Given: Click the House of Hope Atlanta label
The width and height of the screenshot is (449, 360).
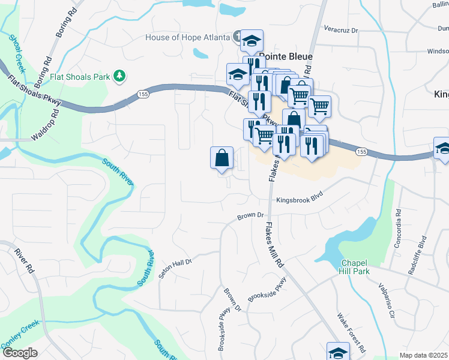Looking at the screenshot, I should [187, 37].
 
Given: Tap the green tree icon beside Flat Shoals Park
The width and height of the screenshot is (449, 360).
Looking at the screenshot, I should [120, 76].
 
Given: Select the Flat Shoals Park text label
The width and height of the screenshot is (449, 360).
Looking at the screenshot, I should [81, 76].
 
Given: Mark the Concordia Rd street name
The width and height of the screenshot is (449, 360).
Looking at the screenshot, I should [397, 228].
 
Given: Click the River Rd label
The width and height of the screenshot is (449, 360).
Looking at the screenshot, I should [25, 262].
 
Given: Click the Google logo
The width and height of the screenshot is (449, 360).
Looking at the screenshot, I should [19, 353].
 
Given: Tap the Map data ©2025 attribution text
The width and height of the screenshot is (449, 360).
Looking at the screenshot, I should [423, 355].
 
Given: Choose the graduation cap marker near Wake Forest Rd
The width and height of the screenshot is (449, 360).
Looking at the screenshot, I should [338, 352].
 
